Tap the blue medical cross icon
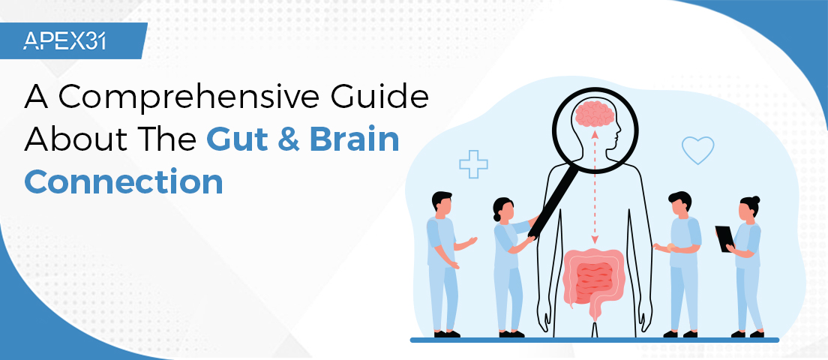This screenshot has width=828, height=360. pyautogui.click(x=473, y=163)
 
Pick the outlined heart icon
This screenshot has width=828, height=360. pyautogui.click(x=697, y=149)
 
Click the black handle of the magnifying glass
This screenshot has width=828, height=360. pyautogui.click(x=551, y=202)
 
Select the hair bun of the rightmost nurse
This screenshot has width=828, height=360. pyautogui.click(x=755, y=200)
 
